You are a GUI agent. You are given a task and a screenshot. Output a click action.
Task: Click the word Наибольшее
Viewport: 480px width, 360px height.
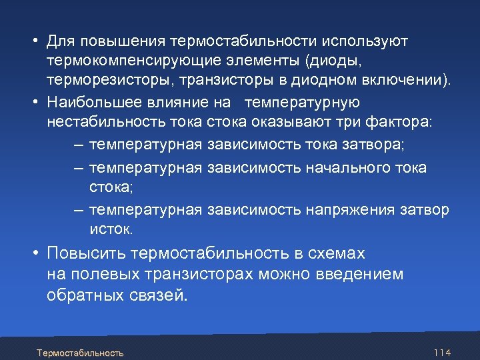tap(88, 102)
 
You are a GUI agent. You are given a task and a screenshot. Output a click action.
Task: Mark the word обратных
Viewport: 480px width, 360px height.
tap(83, 295)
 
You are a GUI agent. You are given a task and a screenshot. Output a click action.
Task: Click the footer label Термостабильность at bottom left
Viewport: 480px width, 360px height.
tap(80, 352)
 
